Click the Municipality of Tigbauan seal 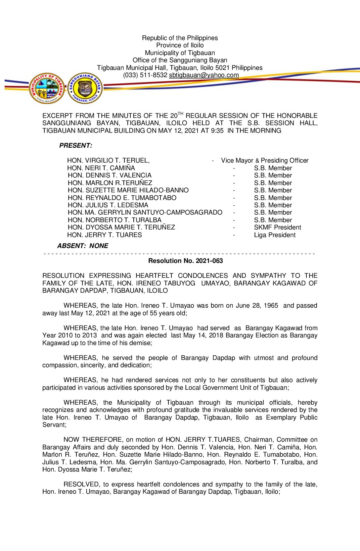(47, 88)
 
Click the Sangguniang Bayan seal (85, 88)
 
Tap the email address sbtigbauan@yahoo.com (204, 75)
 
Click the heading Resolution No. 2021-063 (185, 261)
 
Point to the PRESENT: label (76, 146)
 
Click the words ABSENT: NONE (83, 246)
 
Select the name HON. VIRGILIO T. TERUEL (108, 161)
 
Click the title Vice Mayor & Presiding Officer (265, 161)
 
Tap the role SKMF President (278, 227)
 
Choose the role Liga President (275, 235)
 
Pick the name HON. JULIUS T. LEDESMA (108, 205)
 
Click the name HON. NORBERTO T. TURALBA (114, 220)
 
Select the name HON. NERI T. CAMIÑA (101, 168)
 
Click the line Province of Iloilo (180, 45)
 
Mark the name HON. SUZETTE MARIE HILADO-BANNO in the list (128, 190)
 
